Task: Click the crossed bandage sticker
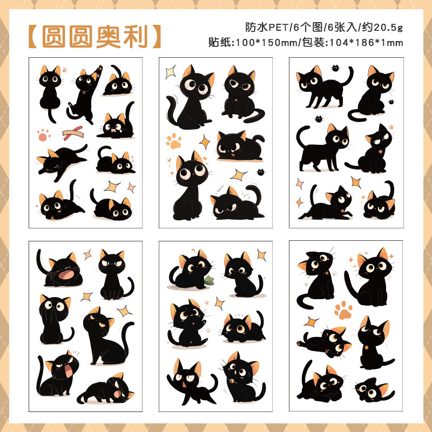click(72, 131)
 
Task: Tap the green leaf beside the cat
click(210, 280)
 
